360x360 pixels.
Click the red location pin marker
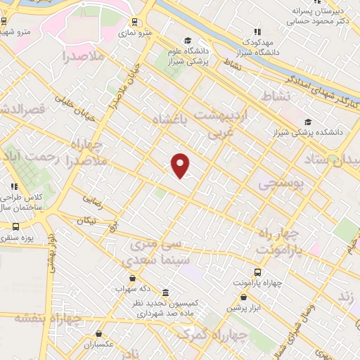[181, 165]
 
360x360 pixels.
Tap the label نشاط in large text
[275, 95]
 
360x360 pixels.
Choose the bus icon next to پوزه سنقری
[15, 227]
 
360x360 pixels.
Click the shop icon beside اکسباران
[98, 333]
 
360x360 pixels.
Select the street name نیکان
[84, 220]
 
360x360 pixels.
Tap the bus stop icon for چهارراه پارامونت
[258, 272]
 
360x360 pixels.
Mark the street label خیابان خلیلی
[77, 113]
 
